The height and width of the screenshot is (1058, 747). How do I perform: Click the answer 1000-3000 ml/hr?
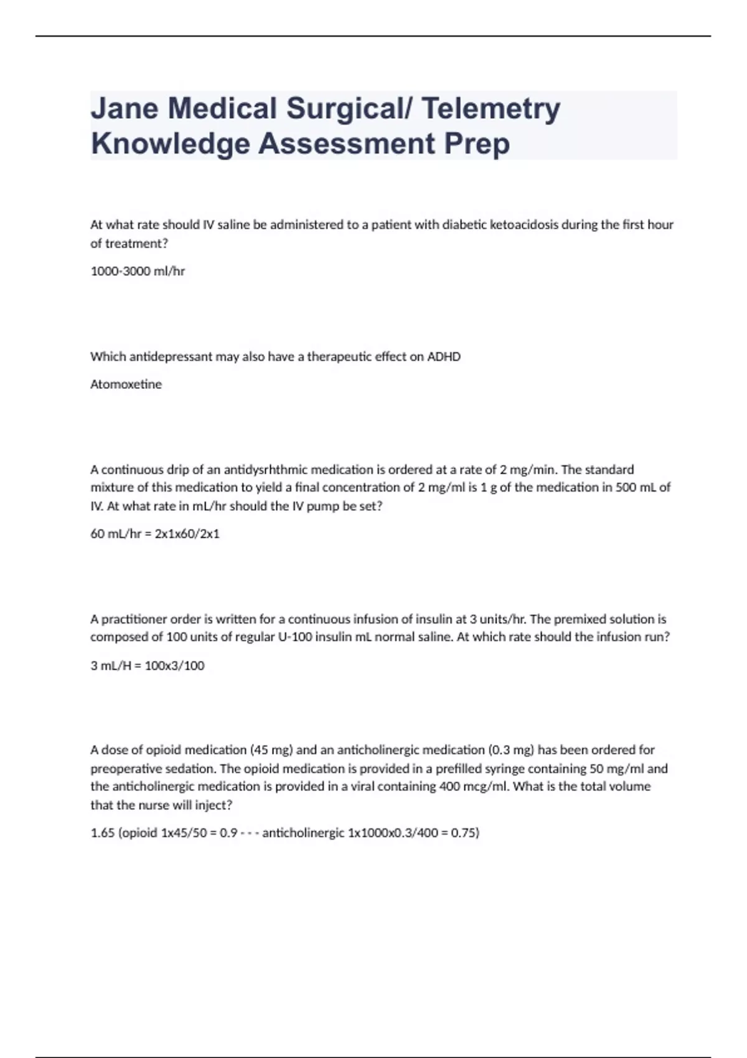tap(138, 271)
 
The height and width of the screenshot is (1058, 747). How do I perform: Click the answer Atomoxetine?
tap(126, 385)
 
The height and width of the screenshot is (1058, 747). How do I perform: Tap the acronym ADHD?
tap(444, 357)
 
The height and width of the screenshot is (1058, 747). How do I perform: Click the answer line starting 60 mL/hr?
tap(155, 534)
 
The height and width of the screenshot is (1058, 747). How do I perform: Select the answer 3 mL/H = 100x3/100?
tap(148, 666)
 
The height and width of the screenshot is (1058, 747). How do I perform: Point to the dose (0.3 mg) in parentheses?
tap(512, 750)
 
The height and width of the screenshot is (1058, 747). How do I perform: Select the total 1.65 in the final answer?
tap(101, 833)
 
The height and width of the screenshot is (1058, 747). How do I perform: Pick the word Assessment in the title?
tap(347, 144)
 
